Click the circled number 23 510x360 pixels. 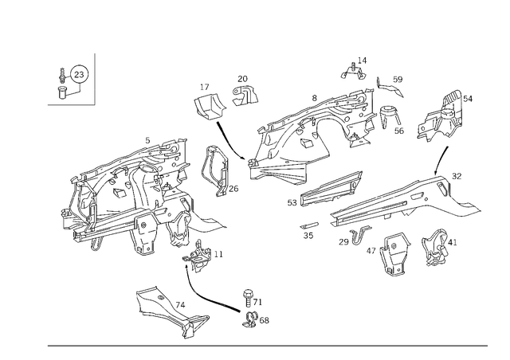pyautogui.click(x=79, y=75)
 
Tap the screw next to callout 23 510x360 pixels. pyautogui.click(x=62, y=76)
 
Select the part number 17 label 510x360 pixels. pyautogui.click(x=205, y=87)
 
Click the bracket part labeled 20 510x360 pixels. pyautogui.click(x=245, y=95)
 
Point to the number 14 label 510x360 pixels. pyautogui.click(x=362, y=61)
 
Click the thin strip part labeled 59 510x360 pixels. pyautogui.click(x=390, y=87)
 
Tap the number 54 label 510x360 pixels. pyautogui.click(x=468, y=99)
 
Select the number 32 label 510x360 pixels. pyautogui.click(x=457, y=176)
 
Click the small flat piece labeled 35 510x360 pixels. pyautogui.click(x=309, y=225)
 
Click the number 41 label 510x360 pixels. pyautogui.click(x=453, y=242)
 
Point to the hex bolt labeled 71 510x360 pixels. pyautogui.click(x=248, y=298)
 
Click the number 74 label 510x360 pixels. pyautogui.click(x=180, y=305)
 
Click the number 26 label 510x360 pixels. pyautogui.click(x=233, y=189)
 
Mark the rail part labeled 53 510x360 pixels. pyautogui.click(x=331, y=189)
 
